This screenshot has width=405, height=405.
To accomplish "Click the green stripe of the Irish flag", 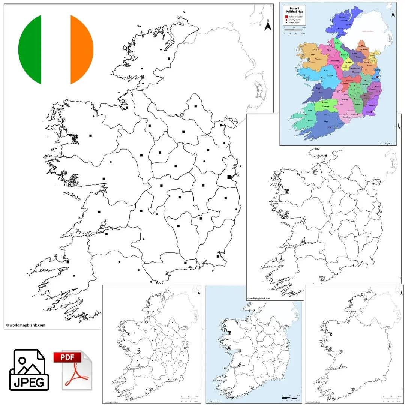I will click(x=30, y=49).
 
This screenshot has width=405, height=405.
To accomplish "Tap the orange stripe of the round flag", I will click(x=82, y=49).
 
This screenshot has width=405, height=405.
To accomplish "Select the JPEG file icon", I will click(x=29, y=370).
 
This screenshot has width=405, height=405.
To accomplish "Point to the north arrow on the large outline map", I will click(x=268, y=25).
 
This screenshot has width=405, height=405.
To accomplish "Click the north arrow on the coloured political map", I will click(x=392, y=14).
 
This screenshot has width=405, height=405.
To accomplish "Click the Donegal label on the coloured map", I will click(x=342, y=16).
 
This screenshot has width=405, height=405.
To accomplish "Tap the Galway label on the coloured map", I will click(x=330, y=75).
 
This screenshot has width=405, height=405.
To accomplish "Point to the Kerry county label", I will click(x=310, y=110).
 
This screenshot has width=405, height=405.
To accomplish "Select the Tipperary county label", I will click(x=344, y=99).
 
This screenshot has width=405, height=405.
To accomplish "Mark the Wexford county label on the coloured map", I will click(x=372, y=105).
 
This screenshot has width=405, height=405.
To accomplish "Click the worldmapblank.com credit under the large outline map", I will click(x=25, y=325).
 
